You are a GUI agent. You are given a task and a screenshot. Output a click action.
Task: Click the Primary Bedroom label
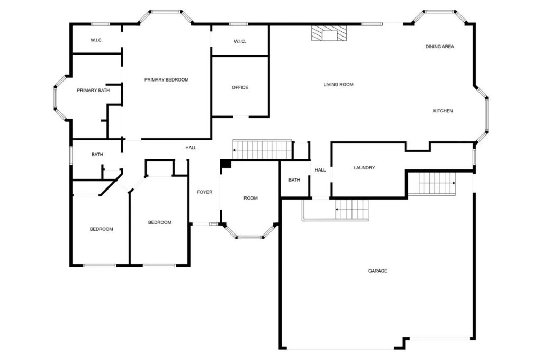[166, 80]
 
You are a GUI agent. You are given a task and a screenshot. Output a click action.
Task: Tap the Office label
[240, 88]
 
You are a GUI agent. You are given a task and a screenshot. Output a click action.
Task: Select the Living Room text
[338, 85]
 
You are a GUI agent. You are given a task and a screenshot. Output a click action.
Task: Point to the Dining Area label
[439, 47]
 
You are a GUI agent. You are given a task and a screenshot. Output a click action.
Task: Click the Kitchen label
[443, 111]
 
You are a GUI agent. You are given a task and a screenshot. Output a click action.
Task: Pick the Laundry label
[364, 168]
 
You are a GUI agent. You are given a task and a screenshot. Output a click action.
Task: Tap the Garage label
[377, 271]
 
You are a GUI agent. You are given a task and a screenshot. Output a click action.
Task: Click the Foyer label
[204, 192]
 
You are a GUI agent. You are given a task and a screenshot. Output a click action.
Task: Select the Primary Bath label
[93, 91]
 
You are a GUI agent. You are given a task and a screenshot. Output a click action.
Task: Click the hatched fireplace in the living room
[329, 34]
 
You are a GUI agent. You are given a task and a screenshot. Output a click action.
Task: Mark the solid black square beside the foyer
[226, 164]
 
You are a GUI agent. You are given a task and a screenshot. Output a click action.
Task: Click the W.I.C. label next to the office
[240, 42]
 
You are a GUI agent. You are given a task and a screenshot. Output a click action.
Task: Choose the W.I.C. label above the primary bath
[96, 40]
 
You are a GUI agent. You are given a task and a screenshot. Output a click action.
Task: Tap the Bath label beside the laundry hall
[294, 180]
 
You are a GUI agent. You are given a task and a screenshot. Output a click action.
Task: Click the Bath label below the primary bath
[97, 155]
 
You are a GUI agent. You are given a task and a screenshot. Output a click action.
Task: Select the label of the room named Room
[250, 199]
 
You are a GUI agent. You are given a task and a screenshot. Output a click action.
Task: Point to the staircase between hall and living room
[263, 150]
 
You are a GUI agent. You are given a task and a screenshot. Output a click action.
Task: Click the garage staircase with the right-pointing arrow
[437, 183]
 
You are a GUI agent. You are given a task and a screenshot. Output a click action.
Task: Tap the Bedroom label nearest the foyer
[159, 222]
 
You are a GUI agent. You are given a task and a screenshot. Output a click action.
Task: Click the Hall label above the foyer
[191, 148]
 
